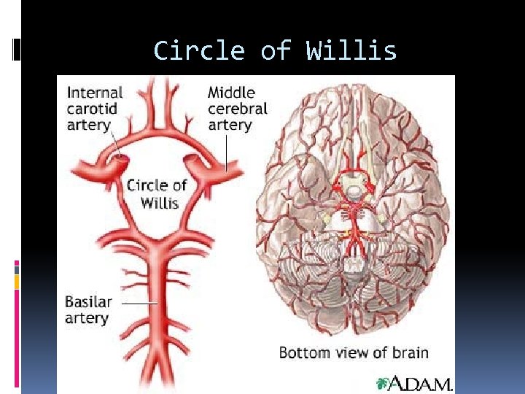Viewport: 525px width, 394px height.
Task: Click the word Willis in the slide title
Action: coord(351,51)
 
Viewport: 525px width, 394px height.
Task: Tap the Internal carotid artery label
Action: coord(95,109)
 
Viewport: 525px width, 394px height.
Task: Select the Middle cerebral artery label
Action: coord(237,109)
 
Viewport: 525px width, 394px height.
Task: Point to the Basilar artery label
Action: coord(88,309)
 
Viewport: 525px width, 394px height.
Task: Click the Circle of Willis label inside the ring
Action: coord(157,193)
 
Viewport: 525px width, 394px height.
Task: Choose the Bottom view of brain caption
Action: coord(354,352)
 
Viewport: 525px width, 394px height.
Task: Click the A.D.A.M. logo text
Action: coord(421,383)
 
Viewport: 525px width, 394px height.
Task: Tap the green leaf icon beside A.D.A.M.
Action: coord(382,383)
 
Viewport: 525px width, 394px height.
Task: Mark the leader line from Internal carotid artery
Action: coord(115,146)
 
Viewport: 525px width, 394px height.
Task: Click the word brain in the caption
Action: coord(411,352)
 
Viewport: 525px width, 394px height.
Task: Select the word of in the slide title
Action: coord(275,51)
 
